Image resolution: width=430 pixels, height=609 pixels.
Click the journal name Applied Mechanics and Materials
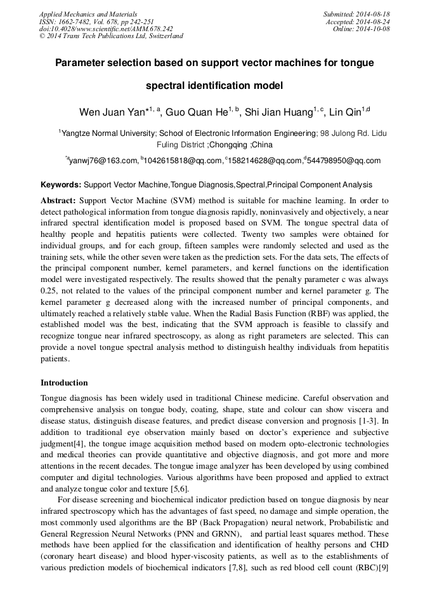coord(88,14)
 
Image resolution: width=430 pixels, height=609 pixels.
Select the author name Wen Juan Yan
coord(112,112)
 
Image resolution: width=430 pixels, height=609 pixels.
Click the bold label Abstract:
coord(58,200)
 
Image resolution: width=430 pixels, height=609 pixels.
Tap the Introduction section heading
coord(64,383)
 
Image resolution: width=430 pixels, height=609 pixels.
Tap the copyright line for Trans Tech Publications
coord(111,36)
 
